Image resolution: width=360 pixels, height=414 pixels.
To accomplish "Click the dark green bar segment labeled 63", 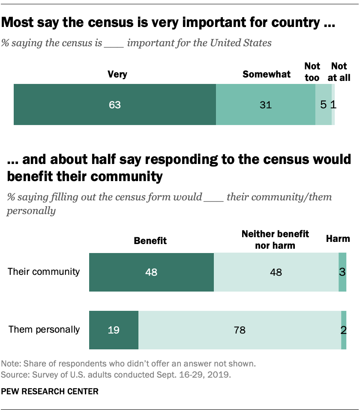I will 115,104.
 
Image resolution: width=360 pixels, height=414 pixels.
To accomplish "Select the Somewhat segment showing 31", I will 266,104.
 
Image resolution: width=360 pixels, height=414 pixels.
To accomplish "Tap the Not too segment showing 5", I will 323,104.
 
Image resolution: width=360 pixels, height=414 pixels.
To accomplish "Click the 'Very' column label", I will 117,74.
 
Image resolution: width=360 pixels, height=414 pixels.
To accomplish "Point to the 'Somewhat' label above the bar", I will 267,74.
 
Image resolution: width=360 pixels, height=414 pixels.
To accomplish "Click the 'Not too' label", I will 312,72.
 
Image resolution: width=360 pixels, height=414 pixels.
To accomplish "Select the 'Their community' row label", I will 44,271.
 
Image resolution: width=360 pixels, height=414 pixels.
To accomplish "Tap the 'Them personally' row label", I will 44,329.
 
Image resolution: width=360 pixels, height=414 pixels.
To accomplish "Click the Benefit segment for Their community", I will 151,272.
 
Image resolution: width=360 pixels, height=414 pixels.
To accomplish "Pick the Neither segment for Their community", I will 276,272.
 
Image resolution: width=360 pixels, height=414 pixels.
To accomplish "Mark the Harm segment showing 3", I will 342,272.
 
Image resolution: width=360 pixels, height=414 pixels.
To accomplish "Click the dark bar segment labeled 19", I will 114,330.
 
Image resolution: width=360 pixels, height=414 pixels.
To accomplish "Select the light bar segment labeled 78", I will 240,330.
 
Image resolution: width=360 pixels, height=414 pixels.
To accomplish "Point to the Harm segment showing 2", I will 344,330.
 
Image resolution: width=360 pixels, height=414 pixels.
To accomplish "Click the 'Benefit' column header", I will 150,241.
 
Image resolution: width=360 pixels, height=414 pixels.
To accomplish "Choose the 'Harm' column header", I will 338,238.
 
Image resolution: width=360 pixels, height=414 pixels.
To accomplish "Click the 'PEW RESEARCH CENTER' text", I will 50,391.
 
